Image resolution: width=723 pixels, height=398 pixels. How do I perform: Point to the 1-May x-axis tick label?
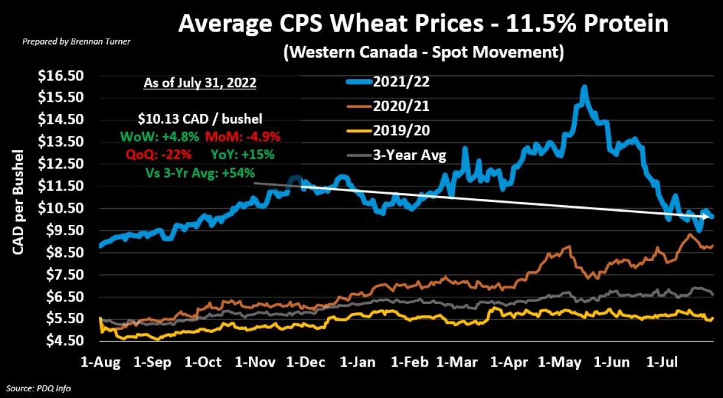[x=563, y=362]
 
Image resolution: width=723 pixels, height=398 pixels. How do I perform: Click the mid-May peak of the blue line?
[x=583, y=89]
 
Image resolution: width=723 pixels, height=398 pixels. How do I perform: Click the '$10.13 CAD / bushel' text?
[x=199, y=119]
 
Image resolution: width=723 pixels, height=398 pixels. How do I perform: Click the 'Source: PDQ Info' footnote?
[x=39, y=388]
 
